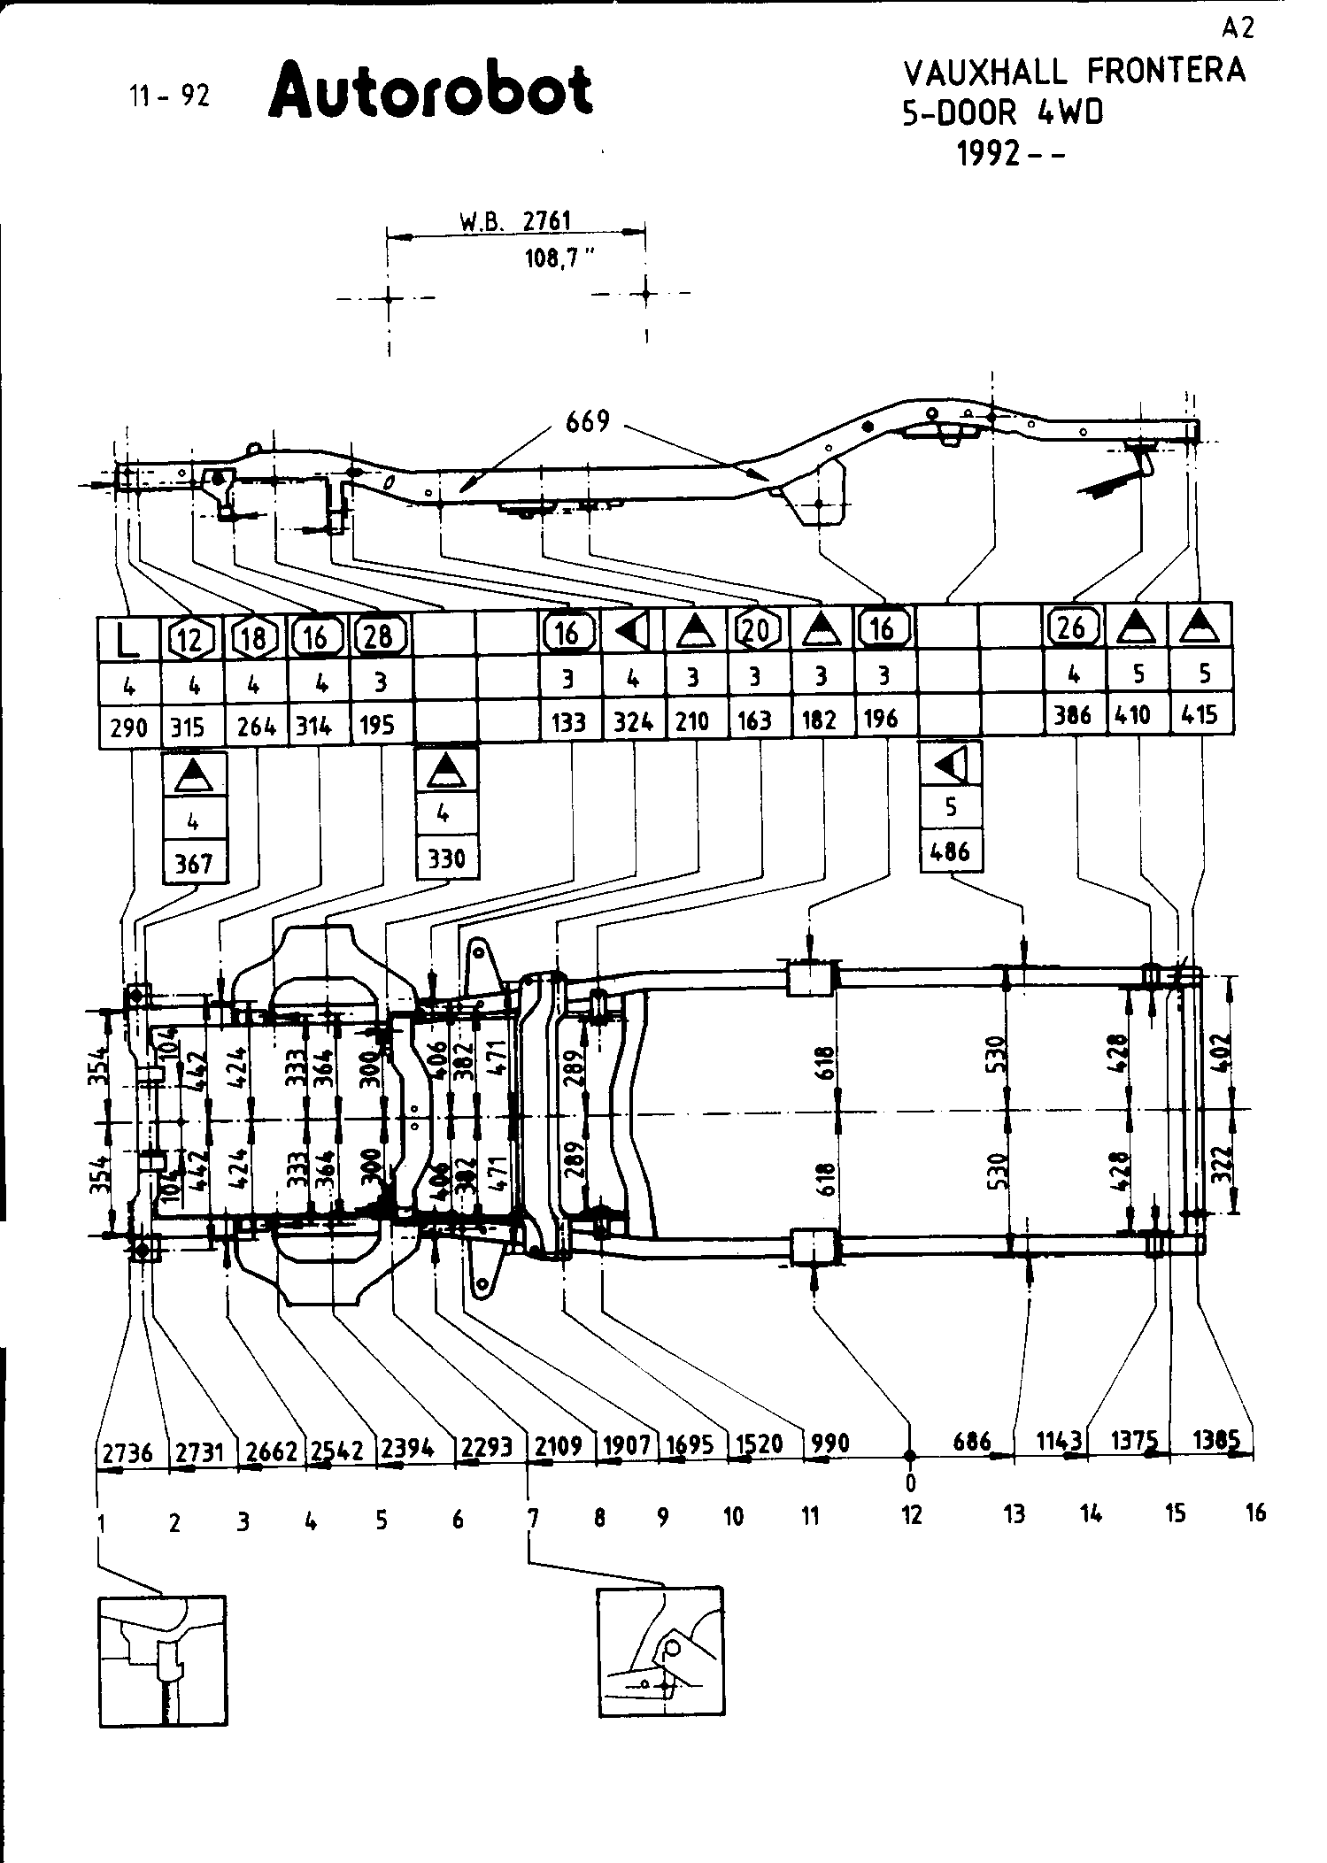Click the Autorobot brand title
(430, 91)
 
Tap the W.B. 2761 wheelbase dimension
(515, 221)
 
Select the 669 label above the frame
(588, 421)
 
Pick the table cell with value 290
(128, 727)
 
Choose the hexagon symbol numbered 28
(381, 636)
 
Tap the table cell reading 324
(633, 722)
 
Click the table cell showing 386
(1073, 715)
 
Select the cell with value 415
(1200, 714)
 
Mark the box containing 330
(447, 858)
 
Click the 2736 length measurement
(127, 1452)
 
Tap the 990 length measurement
(829, 1443)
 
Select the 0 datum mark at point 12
(910, 1482)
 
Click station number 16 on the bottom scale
(1255, 1513)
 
